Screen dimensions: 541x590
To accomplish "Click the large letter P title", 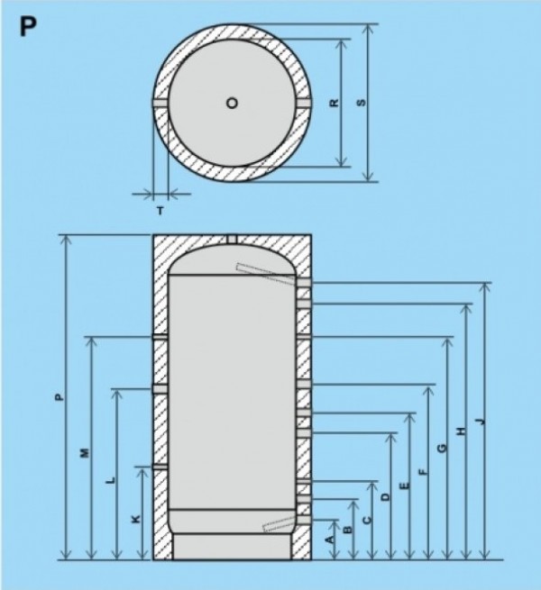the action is click(x=28, y=27).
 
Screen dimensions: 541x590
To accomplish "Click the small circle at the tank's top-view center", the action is click(x=232, y=103).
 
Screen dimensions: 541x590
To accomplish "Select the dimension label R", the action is click(x=335, y=103).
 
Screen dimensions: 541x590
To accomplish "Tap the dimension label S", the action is click(x=361, y=103).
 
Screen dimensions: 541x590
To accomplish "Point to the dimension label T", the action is click(x=160, y=211).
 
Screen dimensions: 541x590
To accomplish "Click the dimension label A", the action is click(x=330, y=540).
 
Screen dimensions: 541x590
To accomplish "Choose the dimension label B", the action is click(x=348, y=529).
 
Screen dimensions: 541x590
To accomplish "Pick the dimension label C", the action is click(x=367, y=520).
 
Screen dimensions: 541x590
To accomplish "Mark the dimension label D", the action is click(x=386, y=496).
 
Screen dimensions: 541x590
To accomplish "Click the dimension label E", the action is click(x=405, y=486).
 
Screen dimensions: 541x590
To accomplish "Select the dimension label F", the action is click(x=424, y=472).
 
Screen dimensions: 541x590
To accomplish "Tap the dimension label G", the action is click(x=443, y=448).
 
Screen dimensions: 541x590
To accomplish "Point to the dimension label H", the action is click(x=461, y=431).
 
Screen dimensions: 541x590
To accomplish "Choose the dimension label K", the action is click(x=136, y=519).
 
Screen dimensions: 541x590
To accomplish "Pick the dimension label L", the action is click(x=111, y=480).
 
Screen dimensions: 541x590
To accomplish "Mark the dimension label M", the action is click(x=85, y=453).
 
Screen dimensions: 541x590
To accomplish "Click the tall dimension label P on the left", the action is click(x=58, y=397).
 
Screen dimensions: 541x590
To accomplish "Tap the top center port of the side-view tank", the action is click(x=232, y=239).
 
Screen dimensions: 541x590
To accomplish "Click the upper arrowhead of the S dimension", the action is click(x=369, y=29).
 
